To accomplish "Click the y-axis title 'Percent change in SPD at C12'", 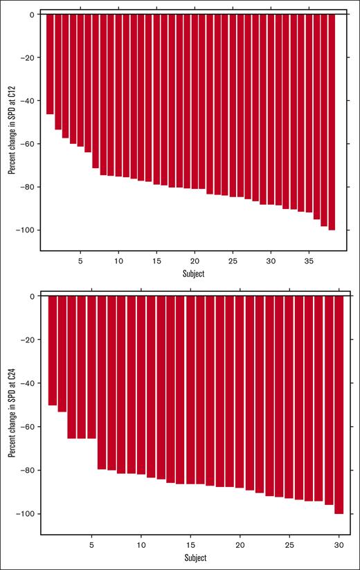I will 11,131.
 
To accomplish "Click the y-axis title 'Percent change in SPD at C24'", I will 11,412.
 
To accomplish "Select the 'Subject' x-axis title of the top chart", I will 194,273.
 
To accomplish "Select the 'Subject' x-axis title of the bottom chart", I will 194,558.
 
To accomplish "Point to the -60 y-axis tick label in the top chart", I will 28,144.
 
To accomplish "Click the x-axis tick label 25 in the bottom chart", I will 289,544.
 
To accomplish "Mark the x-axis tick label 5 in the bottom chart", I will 91,544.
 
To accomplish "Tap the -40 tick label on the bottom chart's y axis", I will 28,383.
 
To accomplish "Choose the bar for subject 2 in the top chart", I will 58,72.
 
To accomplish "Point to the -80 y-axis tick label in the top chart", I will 28,187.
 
